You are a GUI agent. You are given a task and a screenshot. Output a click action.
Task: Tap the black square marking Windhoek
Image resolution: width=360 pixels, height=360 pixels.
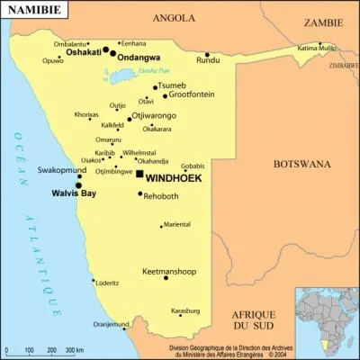[x=139, y=174]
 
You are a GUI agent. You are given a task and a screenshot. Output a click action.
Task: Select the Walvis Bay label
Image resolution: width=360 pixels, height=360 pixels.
[x=74, y=192]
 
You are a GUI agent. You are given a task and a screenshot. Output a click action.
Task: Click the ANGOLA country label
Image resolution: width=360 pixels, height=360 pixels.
[x=175, y=17]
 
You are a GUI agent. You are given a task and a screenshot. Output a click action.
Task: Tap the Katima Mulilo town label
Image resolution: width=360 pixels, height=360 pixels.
[x=316, y=47]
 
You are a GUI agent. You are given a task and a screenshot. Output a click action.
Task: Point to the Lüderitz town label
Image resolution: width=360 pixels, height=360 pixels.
[x=107, y=282]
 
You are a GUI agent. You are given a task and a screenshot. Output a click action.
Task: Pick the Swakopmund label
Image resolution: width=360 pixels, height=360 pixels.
[x=61, y=169]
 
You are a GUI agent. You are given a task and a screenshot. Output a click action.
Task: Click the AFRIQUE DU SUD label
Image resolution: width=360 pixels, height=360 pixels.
[x=253, y=320]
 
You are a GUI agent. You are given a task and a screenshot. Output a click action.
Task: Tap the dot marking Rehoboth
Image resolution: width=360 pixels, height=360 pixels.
[x=140, y=193]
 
